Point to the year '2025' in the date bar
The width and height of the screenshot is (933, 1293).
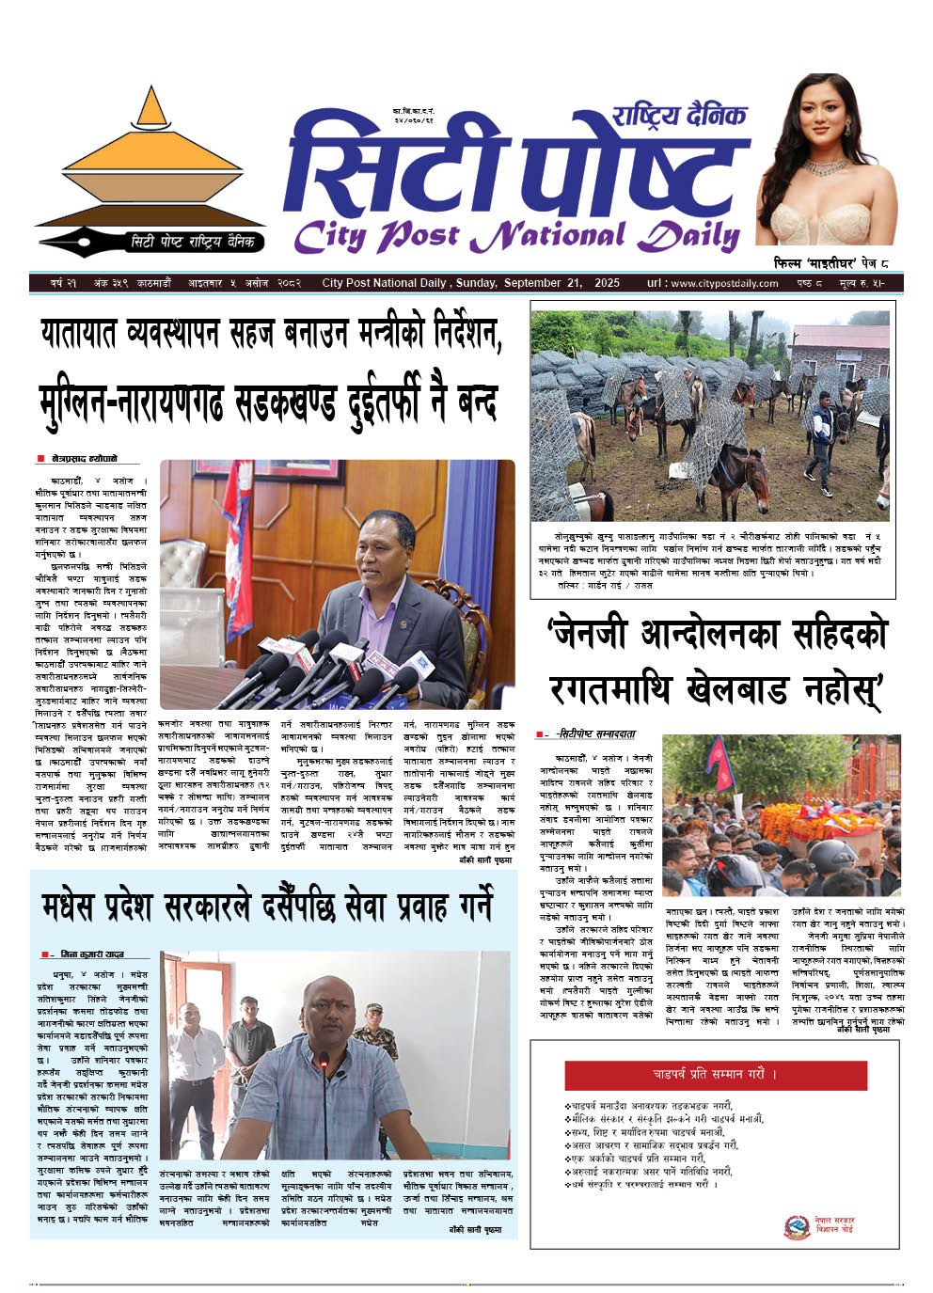click(607, 283)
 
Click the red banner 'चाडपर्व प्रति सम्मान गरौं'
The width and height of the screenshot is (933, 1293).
click(716, 1074)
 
